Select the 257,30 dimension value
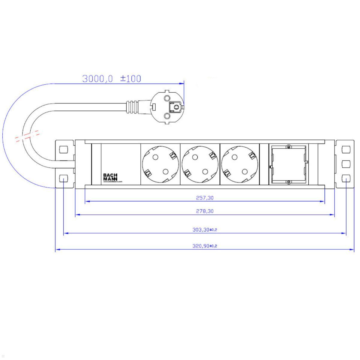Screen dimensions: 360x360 205,198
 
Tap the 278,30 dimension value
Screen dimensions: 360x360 205,211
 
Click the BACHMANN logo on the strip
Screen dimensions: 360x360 110,177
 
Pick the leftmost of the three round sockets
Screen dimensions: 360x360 160,164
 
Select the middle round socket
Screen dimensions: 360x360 200,164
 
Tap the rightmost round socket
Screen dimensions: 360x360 240,164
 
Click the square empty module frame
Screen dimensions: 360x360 288,164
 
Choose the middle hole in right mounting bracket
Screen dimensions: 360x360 346,164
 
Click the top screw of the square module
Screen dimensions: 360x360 288,147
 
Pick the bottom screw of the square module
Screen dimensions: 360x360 288,182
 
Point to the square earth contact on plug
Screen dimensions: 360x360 175,106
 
